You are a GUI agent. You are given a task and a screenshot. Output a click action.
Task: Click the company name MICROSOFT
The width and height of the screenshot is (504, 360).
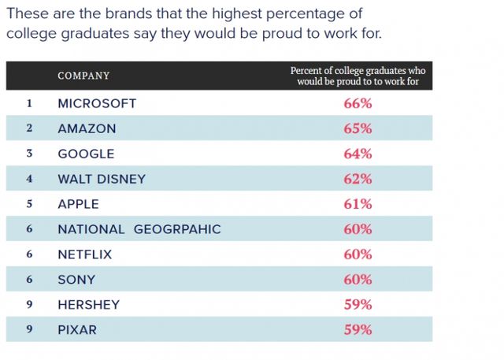click(x=97, y=103)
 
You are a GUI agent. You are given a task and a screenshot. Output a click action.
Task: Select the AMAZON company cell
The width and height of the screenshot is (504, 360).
click(x=87, y=128)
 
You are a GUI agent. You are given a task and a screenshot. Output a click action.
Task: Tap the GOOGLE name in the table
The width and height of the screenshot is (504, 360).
click(x=86, y=154)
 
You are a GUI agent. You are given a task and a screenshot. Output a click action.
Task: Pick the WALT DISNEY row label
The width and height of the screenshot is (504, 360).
click(x=102, y=179)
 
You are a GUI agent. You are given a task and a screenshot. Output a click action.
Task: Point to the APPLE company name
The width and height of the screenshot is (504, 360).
click(x=78, y=204)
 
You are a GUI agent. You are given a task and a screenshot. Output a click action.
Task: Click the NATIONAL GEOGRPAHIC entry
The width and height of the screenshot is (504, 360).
click(x=139, y=229)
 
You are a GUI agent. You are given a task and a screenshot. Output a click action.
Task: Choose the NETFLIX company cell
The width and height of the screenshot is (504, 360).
click(x=84, y=254)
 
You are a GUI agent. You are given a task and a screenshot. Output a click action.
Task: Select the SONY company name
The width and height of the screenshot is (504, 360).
click(x=76, y=280)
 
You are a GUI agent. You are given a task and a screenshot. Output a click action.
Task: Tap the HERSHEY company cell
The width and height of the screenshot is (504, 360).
click(x=88, y=305)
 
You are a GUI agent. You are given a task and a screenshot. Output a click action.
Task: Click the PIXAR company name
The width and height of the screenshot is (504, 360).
click(x=77, y=330)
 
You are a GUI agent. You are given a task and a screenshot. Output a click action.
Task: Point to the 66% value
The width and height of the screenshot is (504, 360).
click(x=358, y=103)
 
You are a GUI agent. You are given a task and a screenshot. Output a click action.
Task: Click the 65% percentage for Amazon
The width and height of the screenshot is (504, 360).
click(x=358, y=128)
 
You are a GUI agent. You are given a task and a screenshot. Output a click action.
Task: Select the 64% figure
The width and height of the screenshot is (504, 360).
click(x=358, y=154)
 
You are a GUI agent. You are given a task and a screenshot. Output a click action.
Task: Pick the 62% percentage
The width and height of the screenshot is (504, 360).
click(x=358, y=179)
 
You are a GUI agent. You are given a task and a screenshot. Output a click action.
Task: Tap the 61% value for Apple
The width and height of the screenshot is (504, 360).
click(x=358, y=204)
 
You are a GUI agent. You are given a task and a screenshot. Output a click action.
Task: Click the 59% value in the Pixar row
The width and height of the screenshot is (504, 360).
click(x=358, y=330)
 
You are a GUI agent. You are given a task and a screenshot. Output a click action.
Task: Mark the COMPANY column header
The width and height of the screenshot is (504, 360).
click(x=83, y=76)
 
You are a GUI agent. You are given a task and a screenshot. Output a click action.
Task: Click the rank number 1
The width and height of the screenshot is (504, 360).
click(x=29, y=103)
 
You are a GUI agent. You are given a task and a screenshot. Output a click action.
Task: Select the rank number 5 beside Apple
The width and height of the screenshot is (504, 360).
click(x=29, y=204)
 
